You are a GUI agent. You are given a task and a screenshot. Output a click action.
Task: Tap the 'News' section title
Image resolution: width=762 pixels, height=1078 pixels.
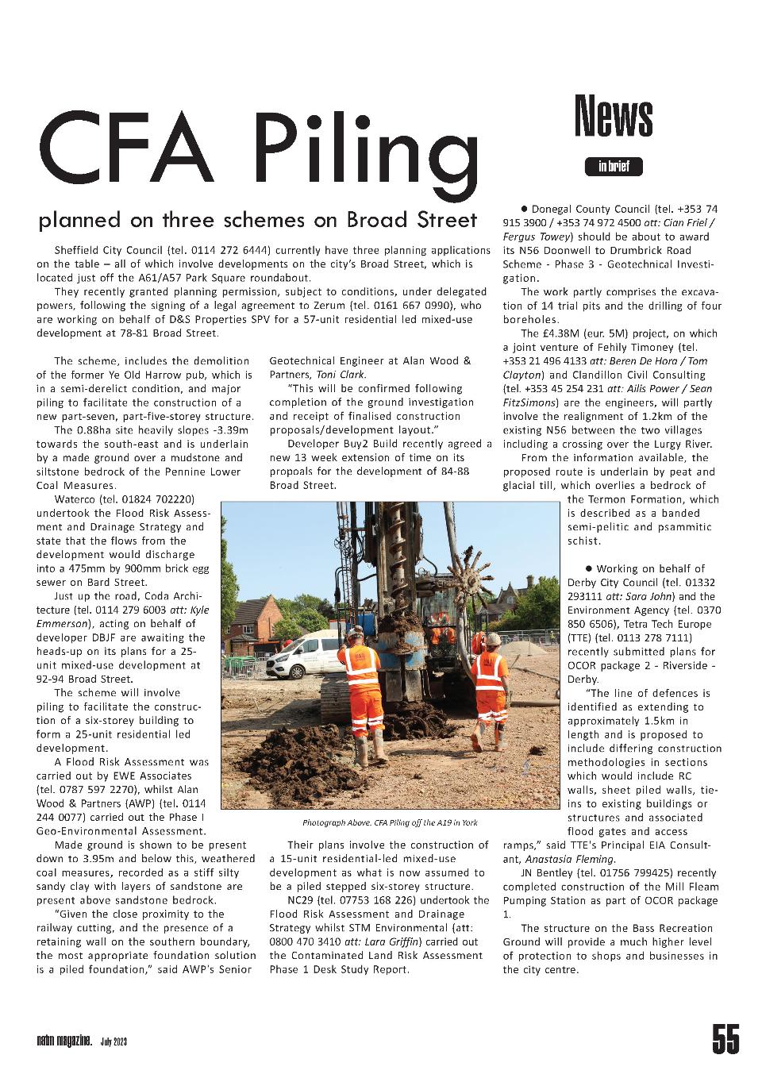[613, 117]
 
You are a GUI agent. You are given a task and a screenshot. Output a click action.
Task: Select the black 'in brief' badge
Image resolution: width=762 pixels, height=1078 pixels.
[614, 167]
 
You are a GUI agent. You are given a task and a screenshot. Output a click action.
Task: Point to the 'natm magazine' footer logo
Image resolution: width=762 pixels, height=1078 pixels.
[64, 1040]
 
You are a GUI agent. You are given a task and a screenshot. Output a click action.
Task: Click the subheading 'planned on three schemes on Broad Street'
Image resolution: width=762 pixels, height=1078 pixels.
[258, 219]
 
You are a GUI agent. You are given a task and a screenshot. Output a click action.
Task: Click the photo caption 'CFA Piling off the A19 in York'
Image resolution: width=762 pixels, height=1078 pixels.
[390, 822]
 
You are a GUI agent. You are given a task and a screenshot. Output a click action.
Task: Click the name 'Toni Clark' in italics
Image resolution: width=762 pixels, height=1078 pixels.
[341, 375]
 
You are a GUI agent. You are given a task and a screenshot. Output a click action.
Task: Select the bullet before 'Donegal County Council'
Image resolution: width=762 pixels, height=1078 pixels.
[525, 208]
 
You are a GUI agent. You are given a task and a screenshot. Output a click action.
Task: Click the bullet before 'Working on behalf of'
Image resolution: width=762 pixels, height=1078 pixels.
[589, 568]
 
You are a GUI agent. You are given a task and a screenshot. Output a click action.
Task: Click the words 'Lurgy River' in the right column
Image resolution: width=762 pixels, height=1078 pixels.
[678, 444]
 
